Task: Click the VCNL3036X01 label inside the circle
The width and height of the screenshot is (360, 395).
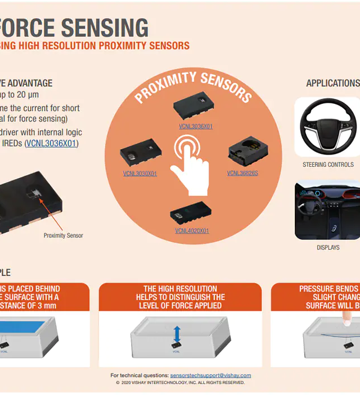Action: [x=192, y=126]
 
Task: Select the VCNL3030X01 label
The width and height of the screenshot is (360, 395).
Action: [x=139, y=174]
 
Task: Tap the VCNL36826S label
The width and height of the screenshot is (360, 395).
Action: [x=242, y=173]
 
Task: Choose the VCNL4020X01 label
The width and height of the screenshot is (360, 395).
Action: [x=191, y=230]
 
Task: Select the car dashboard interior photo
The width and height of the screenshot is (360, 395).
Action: [x=327, y=210]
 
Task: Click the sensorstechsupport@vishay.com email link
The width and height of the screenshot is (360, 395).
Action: [x=210, y=375]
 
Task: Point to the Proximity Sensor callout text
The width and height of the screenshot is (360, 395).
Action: [x=63, y=235]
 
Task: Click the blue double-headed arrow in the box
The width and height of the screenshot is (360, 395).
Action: [x=177, y=334]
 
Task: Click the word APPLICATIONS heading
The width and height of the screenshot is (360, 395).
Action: [x=332, y=83]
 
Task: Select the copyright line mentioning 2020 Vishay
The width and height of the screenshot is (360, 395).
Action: [x=180, y=383]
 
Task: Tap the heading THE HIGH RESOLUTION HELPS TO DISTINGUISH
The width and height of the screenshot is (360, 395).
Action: [x=180, y=297]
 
